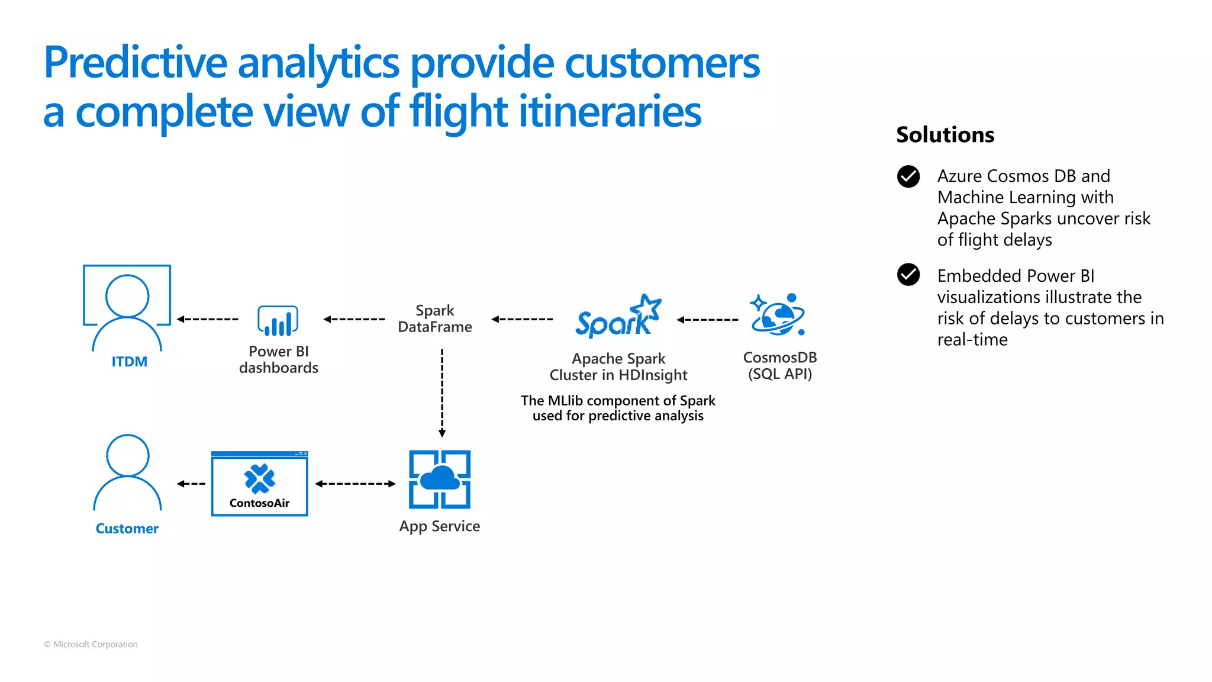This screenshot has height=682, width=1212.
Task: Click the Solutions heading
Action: pos(945,135)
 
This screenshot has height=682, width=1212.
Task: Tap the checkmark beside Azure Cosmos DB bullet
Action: pos(908,176)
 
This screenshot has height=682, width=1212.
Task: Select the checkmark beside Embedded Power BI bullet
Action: pos(908,275)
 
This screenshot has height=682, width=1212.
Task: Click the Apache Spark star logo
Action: pos(618,317)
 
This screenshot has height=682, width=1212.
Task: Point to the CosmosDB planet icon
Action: pos(778,315)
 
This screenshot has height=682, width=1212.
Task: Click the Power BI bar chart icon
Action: pos(278,321)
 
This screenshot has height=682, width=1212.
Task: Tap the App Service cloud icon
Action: pos(440,479)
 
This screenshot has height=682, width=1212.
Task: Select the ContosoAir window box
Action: pos(260,484)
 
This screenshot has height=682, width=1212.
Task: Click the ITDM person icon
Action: pos(127,308)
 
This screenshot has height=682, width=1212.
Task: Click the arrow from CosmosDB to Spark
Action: pos(708,320)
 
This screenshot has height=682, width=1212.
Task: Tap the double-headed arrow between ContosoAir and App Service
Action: pos(355,484)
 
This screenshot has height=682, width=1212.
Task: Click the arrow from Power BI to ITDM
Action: pos(208,319)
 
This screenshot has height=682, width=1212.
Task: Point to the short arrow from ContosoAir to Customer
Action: pos(191,484)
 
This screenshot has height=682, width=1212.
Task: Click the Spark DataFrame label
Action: pos(435,319)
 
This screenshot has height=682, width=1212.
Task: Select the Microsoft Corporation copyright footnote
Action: pos(91,644)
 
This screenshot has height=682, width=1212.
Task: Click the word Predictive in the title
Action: pos(136,63)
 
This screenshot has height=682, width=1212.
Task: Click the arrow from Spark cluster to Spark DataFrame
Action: pos(523,319)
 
